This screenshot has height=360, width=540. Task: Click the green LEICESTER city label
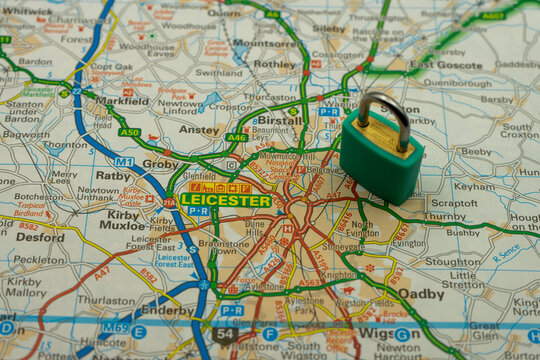[225, 200]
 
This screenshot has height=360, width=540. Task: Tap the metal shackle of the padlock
[386, 112]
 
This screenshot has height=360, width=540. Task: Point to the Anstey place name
[199, 130]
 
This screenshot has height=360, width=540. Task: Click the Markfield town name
[122, 101]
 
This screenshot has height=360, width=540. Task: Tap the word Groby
[160, 163]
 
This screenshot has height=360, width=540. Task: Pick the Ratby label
[113, 175]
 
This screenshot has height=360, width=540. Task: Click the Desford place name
[40, 238]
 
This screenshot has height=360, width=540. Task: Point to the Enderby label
[166, 311]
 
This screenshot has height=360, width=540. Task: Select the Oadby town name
[421, 294]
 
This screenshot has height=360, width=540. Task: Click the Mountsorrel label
[264, 44]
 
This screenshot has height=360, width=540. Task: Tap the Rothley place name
[275, 64]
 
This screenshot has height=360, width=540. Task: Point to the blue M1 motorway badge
[123, 161]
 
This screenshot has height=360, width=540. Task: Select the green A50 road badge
[129, 132]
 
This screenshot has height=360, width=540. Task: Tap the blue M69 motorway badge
[115, 327]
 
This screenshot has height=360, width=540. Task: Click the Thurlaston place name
[106, 300]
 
